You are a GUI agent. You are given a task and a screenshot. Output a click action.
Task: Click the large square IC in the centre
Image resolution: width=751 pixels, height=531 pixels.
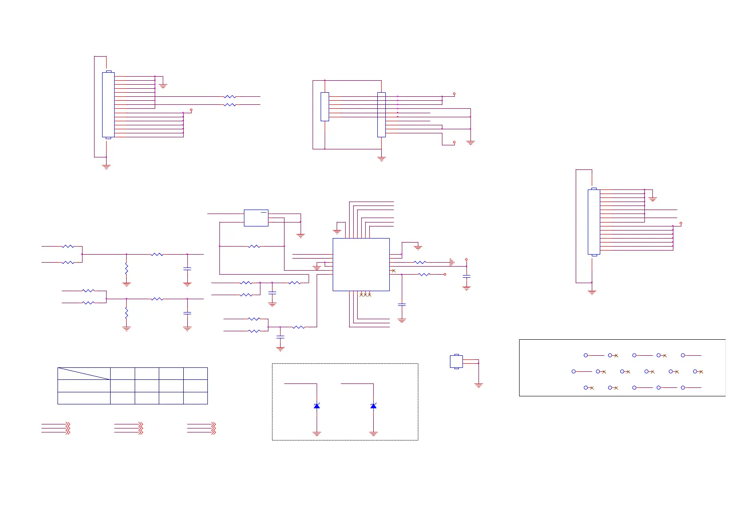361,264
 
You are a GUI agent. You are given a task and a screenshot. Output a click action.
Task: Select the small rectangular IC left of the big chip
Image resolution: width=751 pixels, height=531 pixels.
256,218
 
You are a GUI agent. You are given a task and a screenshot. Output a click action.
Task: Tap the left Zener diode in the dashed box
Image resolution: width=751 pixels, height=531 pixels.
317,406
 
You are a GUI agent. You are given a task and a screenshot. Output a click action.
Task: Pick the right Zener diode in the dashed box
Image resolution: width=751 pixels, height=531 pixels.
373,406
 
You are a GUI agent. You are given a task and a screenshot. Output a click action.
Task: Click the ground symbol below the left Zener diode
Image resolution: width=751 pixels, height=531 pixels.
317,433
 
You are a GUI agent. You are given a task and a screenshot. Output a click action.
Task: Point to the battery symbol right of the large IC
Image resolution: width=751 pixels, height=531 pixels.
452,263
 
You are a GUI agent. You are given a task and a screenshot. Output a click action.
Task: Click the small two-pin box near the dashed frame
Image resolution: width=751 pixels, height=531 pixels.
456,361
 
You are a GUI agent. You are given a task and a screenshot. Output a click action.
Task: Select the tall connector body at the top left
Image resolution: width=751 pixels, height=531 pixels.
108,105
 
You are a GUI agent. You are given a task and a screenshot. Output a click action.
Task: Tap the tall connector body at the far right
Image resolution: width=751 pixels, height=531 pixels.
594,222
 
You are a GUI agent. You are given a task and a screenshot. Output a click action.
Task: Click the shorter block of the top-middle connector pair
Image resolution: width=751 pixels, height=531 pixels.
325,107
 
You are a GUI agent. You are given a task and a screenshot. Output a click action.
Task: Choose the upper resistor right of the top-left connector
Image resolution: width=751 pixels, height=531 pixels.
230,96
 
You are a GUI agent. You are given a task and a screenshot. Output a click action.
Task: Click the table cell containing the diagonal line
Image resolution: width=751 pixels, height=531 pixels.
84,374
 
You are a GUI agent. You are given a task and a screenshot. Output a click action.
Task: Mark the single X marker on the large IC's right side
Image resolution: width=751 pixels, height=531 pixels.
393,271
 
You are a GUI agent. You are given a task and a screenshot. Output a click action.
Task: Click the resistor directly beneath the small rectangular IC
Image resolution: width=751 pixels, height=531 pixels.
254,246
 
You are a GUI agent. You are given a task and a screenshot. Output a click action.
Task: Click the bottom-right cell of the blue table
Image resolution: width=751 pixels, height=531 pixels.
195,398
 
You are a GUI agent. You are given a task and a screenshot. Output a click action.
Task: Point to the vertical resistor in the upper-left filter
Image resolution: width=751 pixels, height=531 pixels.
126,268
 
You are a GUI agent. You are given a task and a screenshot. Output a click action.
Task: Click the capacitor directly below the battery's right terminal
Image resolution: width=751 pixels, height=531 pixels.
466,277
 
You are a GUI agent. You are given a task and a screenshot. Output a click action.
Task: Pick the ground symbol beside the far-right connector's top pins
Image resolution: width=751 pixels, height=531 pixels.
652,199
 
